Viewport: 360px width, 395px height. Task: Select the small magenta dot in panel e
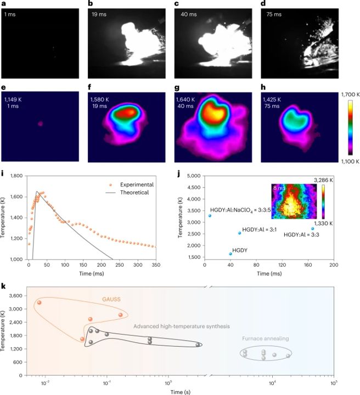(x=40, y=124)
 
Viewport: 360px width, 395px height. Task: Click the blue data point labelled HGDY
(x=230, y=253)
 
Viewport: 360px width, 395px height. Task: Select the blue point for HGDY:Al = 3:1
(x=239, y=233)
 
